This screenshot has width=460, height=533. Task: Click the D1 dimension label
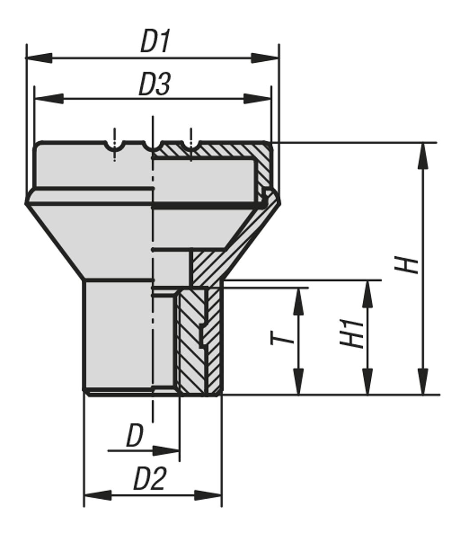[155, 42]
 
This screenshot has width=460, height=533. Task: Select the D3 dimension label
[154, 84]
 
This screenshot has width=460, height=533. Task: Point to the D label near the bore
[135, 436]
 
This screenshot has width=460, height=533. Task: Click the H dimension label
[408, 265]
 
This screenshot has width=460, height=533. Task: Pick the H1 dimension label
[352, 334]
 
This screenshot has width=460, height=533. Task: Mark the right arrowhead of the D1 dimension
[266, 58]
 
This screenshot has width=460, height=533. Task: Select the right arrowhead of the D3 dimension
[258, 98]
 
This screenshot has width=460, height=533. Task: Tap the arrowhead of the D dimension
[167, 451]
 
